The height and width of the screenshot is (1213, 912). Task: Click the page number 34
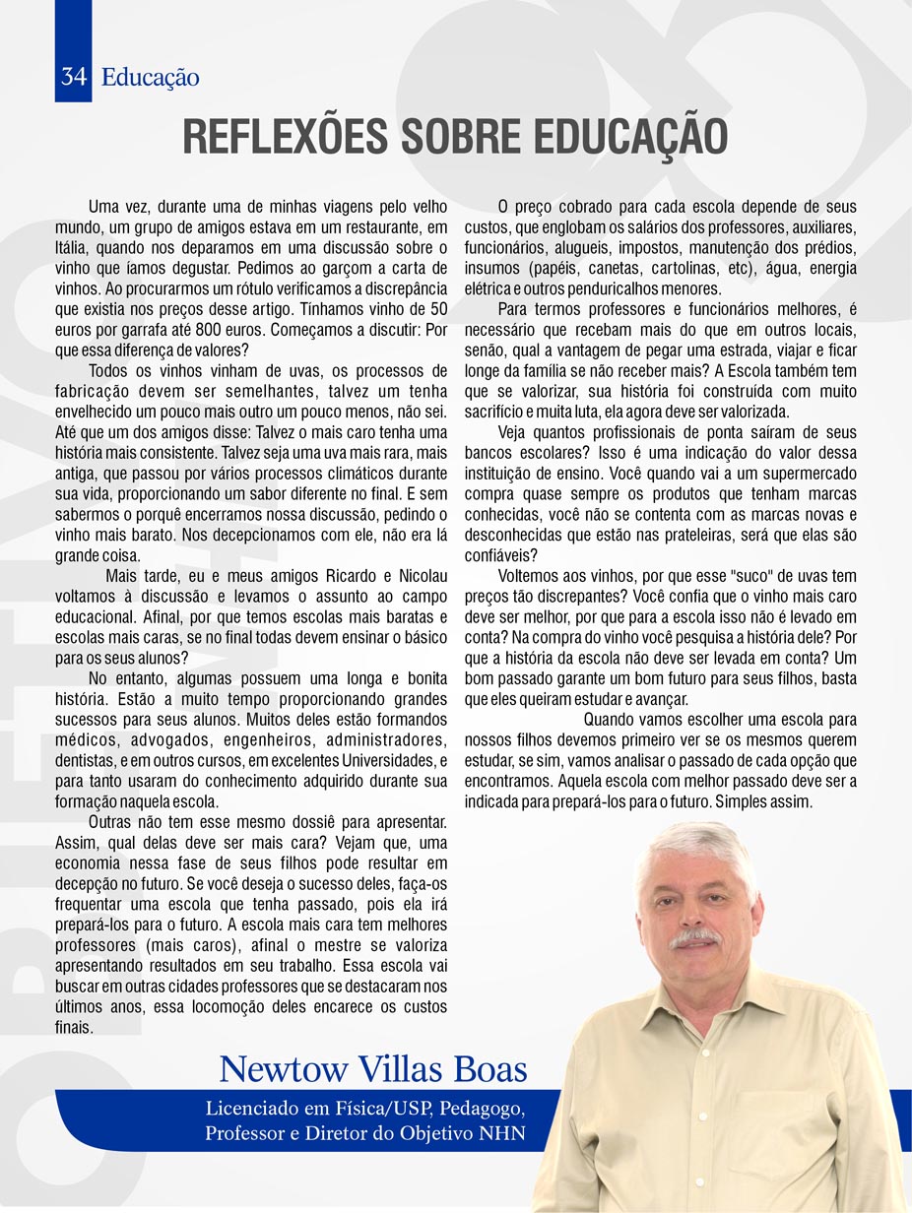point(73,77)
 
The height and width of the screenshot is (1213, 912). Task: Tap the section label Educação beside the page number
point(150,77)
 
